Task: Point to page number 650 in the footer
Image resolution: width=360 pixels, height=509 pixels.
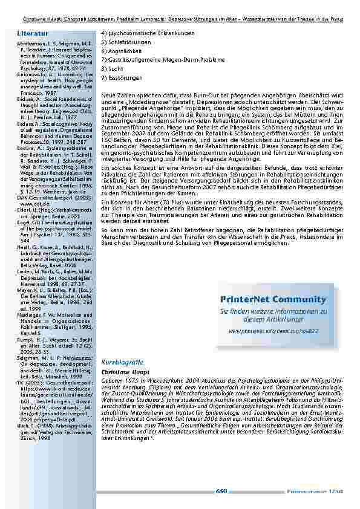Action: [221, 491]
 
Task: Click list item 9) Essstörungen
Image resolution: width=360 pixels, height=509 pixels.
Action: [122, 78]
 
